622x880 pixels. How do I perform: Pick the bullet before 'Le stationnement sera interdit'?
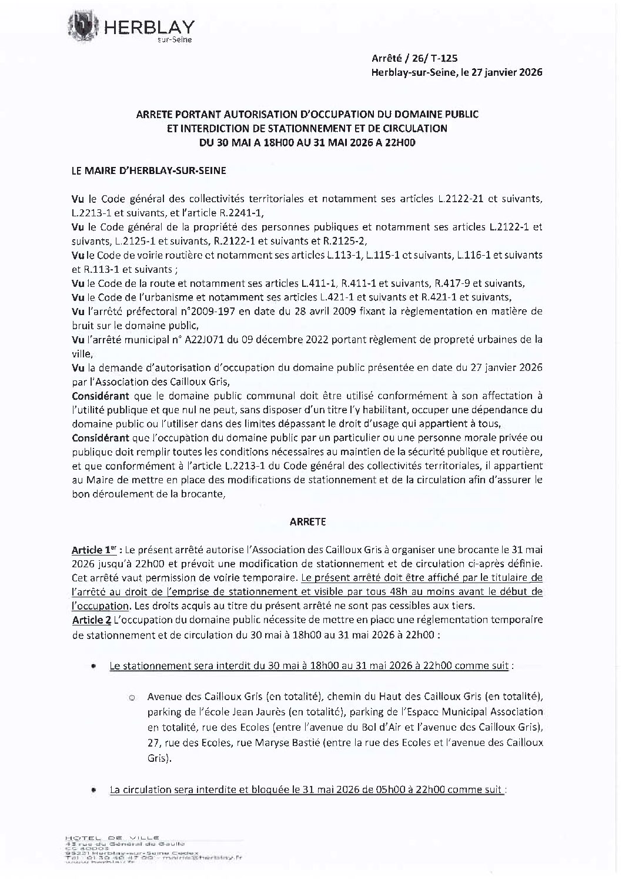point(93,667)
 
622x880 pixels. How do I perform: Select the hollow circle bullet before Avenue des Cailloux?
point(132,698)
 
